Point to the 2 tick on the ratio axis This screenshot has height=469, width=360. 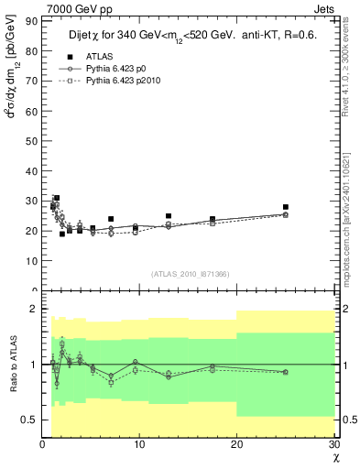33,310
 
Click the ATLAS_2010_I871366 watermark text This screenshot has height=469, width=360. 191,273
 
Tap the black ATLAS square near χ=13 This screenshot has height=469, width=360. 169,216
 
